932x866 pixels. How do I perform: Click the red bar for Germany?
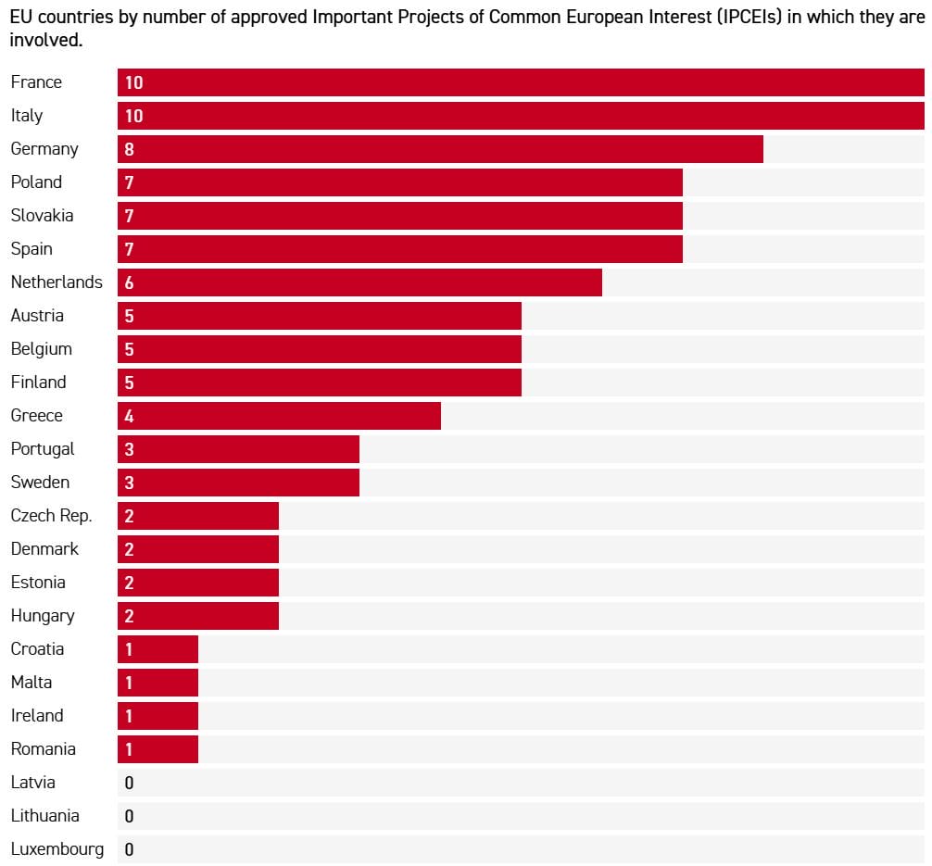440,149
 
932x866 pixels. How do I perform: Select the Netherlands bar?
359,282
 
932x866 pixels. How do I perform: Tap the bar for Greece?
279,416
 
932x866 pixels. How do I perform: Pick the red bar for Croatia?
157,649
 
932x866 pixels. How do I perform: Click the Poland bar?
400,182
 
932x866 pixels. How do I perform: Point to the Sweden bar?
238,483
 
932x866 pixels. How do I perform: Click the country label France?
36,82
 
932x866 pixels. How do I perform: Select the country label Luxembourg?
57,849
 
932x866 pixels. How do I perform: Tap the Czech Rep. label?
51,516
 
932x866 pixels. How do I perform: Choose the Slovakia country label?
42,216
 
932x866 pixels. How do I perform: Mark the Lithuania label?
44,816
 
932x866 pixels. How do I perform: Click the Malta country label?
31,683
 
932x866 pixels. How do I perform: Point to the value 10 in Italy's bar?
133,116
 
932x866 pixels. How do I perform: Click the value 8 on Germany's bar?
129,149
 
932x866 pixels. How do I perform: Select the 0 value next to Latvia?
129,783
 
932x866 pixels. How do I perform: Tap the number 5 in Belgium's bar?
129,349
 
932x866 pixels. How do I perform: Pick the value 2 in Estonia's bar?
129,583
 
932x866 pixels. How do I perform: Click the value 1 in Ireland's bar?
129,716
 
